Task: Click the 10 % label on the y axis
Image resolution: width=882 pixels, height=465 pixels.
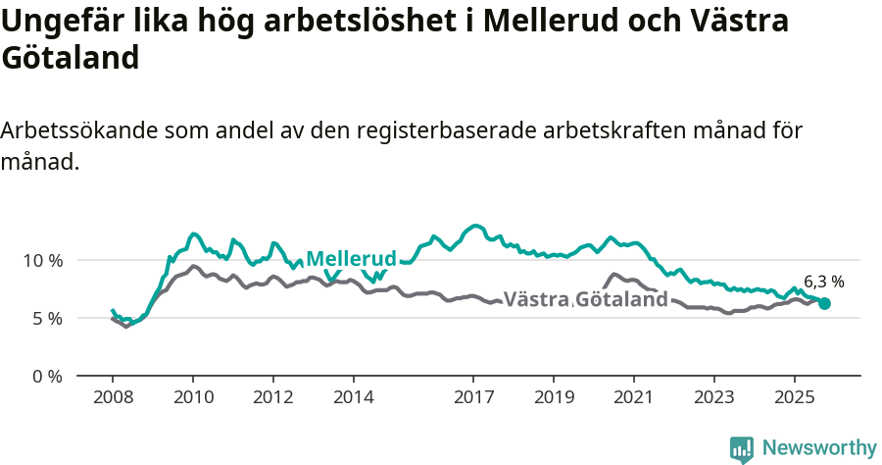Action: [41, 261]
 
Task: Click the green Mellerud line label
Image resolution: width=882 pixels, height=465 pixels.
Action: [351, 259]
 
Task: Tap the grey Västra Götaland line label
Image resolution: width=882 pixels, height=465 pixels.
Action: [585, 299]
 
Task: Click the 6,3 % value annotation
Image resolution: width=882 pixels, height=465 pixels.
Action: [823, 282]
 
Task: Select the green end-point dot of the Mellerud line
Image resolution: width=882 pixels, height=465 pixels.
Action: [824, 304]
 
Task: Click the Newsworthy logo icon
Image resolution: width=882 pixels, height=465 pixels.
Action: [742, 448]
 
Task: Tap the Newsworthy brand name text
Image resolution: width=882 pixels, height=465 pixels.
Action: [819, 448]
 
